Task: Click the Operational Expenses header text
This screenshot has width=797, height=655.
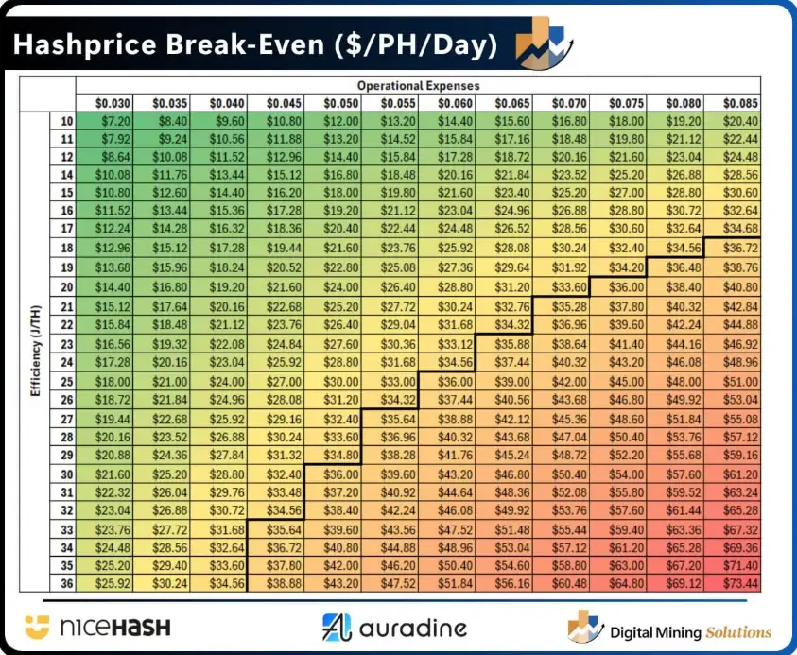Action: tap(418, 86)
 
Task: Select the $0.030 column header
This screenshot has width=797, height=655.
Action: tap(105, 103)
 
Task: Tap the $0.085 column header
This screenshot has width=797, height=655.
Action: tap(733, 103)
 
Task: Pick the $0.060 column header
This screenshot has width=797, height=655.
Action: tap(447, 103)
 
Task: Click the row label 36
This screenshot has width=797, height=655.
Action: tap(66, 583)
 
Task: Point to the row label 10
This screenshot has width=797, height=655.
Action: tap(66, 121)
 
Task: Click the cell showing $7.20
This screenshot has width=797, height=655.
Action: tap(105, 121)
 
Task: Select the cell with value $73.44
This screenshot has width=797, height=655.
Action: tap(733, 583)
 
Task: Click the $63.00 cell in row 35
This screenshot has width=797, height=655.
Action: tap(618, 565)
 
